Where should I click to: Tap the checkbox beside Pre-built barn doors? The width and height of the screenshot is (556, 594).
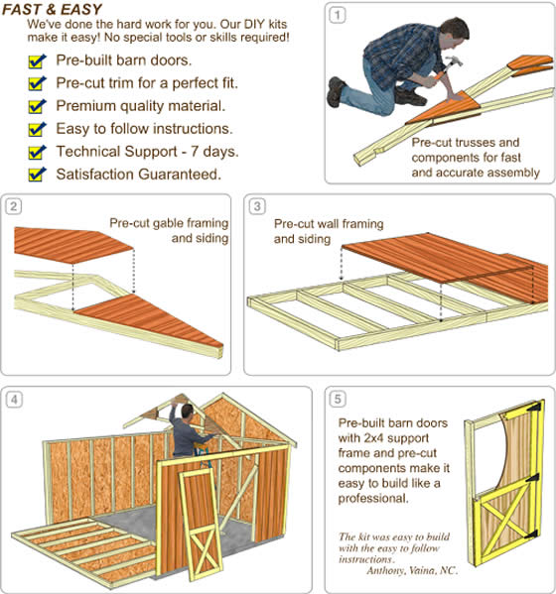38,61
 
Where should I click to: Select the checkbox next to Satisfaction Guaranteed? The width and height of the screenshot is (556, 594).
38,176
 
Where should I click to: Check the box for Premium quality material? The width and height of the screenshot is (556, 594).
38,107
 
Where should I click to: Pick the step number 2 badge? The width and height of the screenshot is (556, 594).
13,206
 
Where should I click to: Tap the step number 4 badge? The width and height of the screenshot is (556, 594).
13,400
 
